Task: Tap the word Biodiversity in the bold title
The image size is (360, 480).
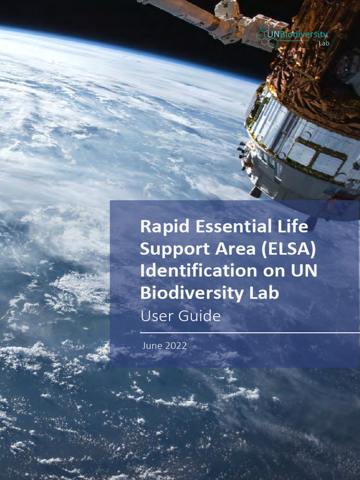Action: [187, 293]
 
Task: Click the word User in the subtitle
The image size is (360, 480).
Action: [157, 316]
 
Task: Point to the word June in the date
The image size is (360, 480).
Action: [152, 346]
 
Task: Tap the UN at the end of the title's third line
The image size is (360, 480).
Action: [304, 271]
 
